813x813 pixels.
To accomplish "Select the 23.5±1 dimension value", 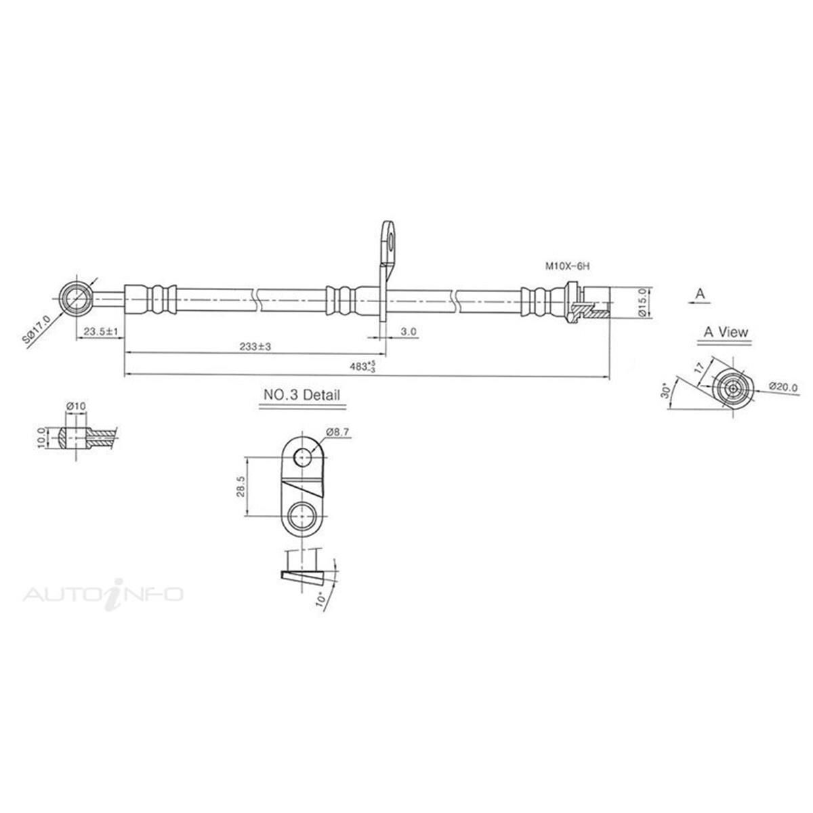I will point(100,331).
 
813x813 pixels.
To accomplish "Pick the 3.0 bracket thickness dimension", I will point(408,332).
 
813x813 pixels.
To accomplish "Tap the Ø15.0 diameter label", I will point(645,301).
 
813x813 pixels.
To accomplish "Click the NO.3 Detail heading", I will point(301,395).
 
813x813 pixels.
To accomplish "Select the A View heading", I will point(726,332).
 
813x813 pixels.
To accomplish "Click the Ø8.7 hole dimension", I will point(337,431).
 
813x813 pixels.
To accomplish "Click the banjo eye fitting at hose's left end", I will point(74,299).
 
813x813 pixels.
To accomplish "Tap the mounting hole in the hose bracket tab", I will point(390,237).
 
